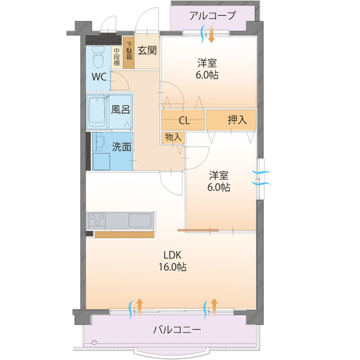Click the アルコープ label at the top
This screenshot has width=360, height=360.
tap(213, 15)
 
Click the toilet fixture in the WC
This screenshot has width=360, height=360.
tap(98, 56)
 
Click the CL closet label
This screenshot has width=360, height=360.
tap(184, 120)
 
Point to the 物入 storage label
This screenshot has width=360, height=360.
tap(173, 137)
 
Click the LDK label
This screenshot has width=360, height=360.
tap(172, 254)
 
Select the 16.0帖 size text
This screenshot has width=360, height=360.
tap(172, 267)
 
